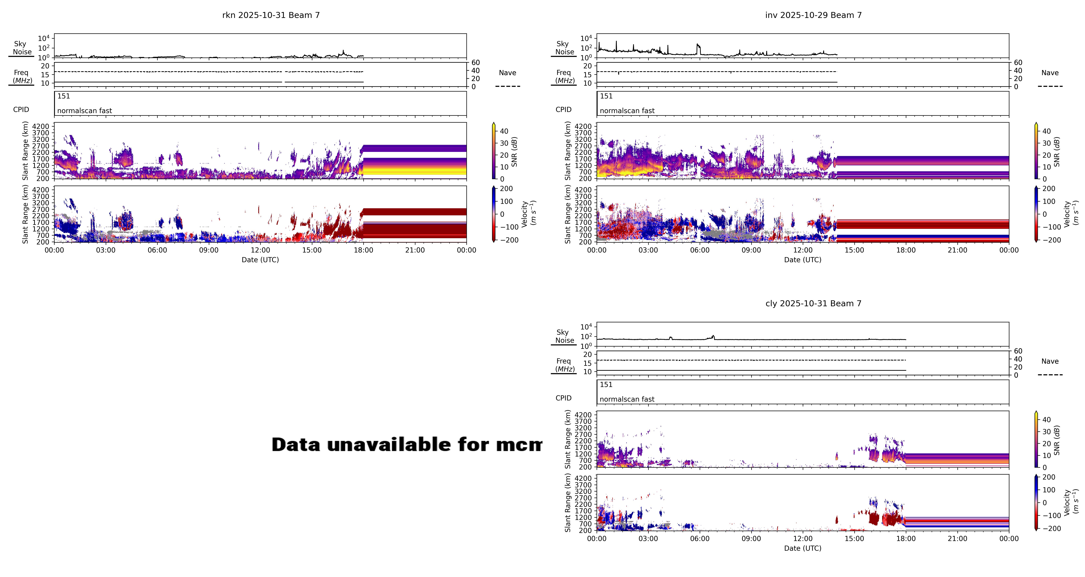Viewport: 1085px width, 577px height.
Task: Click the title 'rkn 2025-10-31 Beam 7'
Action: click(271, 15)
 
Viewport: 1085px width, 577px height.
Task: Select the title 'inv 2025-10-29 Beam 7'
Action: click(813, 15)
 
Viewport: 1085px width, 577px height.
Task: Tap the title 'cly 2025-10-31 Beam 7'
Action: click(813, 304)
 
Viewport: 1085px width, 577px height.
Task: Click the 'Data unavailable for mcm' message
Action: click(406, 445)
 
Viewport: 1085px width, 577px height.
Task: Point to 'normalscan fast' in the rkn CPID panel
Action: click(85, 111)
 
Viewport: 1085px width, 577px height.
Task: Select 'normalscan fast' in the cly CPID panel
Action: click(627, 399)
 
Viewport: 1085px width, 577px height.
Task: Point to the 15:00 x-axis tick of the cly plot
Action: click(854, 539)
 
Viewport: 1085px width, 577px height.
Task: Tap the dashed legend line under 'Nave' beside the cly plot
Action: click(1050, 375)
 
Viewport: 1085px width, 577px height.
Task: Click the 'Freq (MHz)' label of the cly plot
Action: click(564, 365)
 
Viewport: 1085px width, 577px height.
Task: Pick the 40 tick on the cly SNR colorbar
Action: click(1047, 420)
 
